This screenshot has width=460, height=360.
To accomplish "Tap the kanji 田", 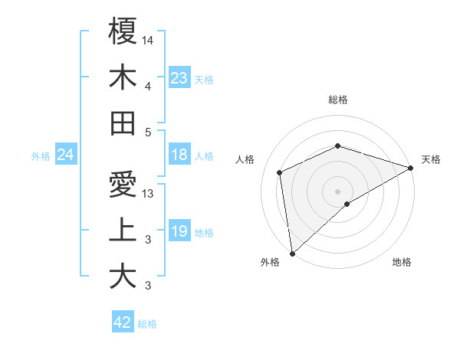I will (123, 123).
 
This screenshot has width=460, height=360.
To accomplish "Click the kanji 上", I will (123, 231).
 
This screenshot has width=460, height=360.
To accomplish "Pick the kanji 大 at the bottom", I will (123, 276).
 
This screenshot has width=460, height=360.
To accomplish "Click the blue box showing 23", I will (179, 77).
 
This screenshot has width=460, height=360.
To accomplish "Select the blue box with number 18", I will (179, 155).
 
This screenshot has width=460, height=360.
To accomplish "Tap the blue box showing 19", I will (179, 231).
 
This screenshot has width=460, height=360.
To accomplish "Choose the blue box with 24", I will (66, 155).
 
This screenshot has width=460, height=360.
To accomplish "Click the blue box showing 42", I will (123, 322).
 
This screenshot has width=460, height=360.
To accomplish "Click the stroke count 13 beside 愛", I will (148, 194).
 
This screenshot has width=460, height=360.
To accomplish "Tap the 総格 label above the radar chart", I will (338, 100).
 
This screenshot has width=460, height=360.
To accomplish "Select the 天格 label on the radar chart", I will (431, 159).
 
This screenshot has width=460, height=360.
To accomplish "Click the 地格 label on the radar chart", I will (402, 262).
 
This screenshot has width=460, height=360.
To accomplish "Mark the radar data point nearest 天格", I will (411, 168).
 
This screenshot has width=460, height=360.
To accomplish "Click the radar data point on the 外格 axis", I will (292, 253).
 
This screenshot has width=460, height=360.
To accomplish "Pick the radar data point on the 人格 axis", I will (280, 172).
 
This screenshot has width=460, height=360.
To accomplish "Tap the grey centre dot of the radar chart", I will (337, 191).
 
